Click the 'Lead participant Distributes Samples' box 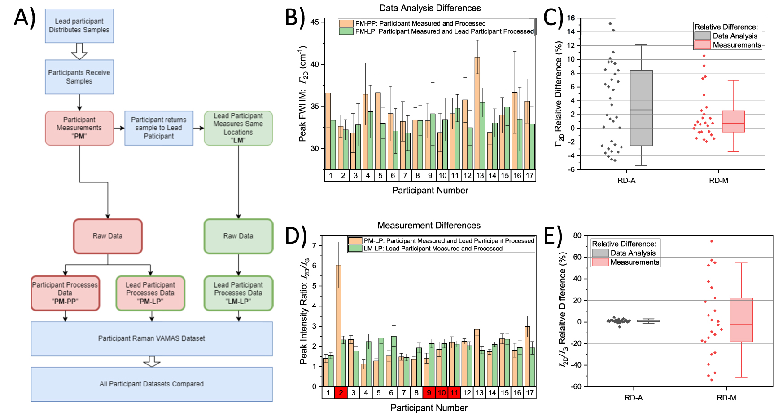(79, 26)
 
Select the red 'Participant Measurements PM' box (79, 128)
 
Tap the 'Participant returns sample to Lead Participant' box (158, 128)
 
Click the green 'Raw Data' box (238, 236)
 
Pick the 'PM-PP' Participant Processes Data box (65, 293)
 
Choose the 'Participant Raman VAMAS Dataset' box (151, 338)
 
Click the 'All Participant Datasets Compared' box (151, 384)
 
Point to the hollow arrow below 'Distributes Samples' (79, 51)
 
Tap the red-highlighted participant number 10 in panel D (442, 393)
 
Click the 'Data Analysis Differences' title (429, 8)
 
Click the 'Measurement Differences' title (429, 225)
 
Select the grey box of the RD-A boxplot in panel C (641, 108)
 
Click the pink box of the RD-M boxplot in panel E (741, 320)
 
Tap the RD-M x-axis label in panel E (726, 398)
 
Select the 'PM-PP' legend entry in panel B (420, 23)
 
